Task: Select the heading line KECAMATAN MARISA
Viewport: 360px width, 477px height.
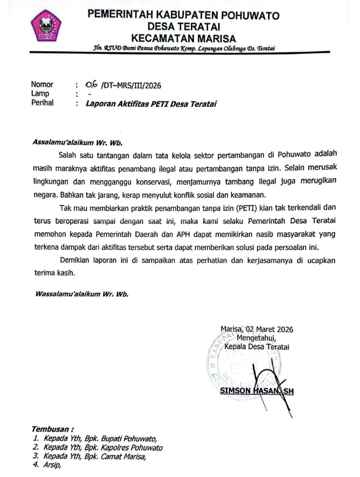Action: click(x=183, y=38)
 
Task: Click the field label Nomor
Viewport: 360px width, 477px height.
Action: click(x=42, y=85)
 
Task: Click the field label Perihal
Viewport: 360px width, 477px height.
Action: click(x=42, y=102)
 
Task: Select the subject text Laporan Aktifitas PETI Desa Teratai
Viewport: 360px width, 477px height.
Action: click(x=151, y=103)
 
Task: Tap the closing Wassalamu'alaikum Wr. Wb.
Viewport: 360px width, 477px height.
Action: click(x=82, y=294)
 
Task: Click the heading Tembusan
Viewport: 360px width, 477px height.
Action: click(x=53, y=428)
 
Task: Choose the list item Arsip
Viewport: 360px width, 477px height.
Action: click(x=52, y=466)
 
